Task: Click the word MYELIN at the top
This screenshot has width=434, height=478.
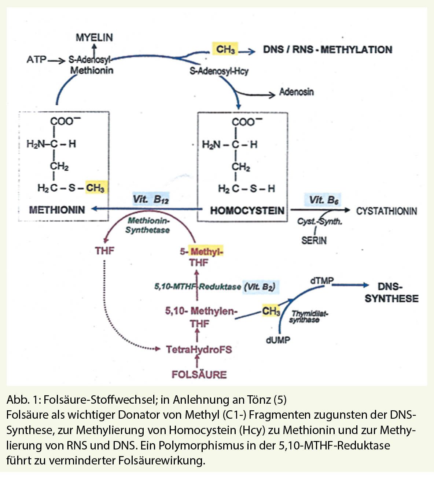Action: point(94,37)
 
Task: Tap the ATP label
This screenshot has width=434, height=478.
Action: point(36,60)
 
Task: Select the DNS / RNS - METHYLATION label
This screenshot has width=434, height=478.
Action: point(327,49)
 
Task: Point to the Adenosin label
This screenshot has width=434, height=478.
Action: point(296,92)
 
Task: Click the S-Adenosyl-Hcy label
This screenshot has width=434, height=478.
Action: point(219,71)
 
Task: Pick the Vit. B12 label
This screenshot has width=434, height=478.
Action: point(151,199)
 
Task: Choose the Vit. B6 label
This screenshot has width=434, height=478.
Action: point(324,200)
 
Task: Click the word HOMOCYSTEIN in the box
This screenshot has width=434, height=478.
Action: point(247,211)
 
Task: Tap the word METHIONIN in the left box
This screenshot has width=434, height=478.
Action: point(57,210)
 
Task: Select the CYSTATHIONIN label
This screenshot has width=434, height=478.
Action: point(386,211)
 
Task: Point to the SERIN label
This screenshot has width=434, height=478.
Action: point(314,240)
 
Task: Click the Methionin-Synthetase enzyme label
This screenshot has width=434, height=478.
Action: point(148,225)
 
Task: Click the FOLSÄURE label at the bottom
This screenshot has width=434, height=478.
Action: point(199,374)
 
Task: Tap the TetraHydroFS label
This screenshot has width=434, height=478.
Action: point(199,350)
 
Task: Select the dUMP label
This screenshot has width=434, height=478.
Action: point(277,340)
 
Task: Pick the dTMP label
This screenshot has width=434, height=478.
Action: point(321,281)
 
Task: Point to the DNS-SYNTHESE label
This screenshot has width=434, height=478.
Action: point(391,292)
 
